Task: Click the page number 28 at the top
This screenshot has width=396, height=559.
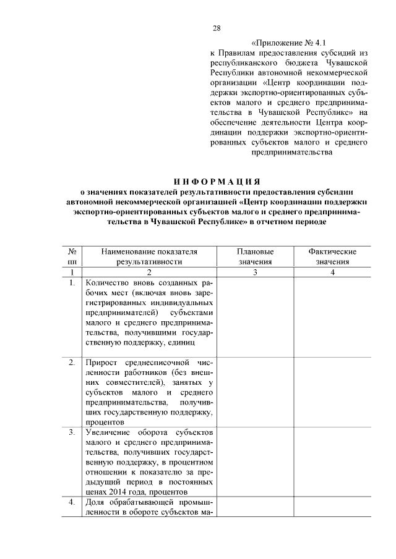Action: pos(217,28)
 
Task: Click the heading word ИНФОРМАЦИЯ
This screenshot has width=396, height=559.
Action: pos(215,181)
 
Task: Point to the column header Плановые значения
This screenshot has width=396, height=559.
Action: pos(255,257)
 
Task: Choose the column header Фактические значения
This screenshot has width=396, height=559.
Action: pos(332,257)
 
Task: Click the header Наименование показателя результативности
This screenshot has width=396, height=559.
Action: pos(149,257)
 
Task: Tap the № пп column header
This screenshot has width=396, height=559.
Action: pos(72,257)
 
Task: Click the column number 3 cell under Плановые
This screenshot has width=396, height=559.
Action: pos(255,272)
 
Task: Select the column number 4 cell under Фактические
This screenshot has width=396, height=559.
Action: pos(332,272)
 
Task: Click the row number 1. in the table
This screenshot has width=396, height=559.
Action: pos(72,283)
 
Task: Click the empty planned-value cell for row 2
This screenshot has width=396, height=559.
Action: pos(255,390)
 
